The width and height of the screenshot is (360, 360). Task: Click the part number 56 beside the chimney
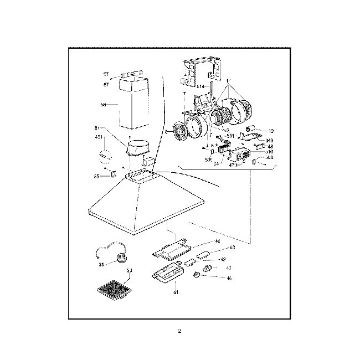(x=104, y=104)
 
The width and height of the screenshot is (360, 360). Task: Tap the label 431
(x=99, y=137)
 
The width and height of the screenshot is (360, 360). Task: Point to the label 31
(x=102, y=265)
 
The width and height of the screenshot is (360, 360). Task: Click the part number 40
(x=217, y=241)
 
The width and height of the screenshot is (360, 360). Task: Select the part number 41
(x=176, y=292)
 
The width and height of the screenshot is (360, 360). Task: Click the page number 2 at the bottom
(x=179, y=332)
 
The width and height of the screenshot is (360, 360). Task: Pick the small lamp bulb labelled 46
(x=198, y=275)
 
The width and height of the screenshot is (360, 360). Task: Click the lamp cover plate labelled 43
(x=203, y=255)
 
